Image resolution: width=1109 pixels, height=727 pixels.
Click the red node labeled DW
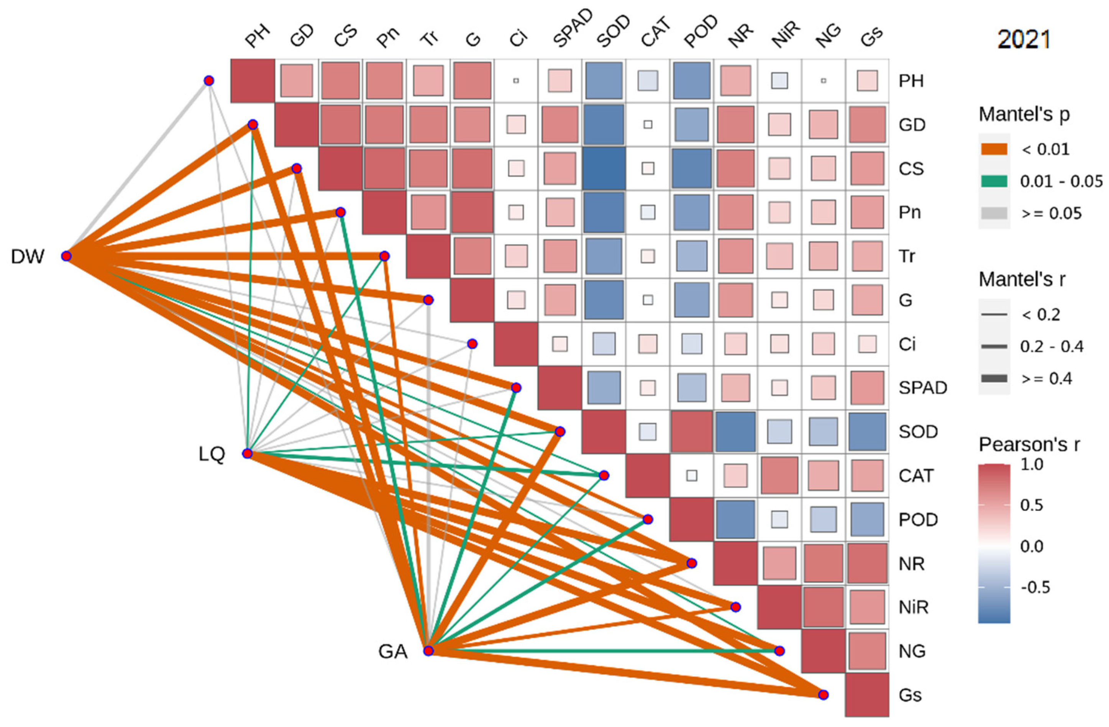[x=66, y=256]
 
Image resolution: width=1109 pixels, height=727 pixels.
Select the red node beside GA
[x=428, y=651]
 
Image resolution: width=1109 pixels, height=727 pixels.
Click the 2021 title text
[x=1024, y=39]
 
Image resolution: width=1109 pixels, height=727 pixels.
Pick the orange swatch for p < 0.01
[x=994, y=149]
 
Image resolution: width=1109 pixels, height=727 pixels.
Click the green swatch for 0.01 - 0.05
[x=994, y=181]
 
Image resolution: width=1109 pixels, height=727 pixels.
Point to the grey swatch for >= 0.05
[x=994, y=213]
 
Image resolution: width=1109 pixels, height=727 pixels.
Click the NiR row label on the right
[x=913, y=607]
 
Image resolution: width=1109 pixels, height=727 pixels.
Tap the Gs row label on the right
[x=910, y=695]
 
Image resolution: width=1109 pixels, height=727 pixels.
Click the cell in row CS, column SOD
[x=604, y=169]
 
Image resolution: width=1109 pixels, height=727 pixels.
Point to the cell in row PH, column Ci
[x=516, y=80]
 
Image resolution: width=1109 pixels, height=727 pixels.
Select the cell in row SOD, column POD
[x=691, y=432]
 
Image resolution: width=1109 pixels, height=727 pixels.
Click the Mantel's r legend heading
[x=1022, y=280]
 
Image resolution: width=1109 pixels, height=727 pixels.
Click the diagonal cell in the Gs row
[x=867, y=695]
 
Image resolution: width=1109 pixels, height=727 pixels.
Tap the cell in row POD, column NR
[x=735, y=519]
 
